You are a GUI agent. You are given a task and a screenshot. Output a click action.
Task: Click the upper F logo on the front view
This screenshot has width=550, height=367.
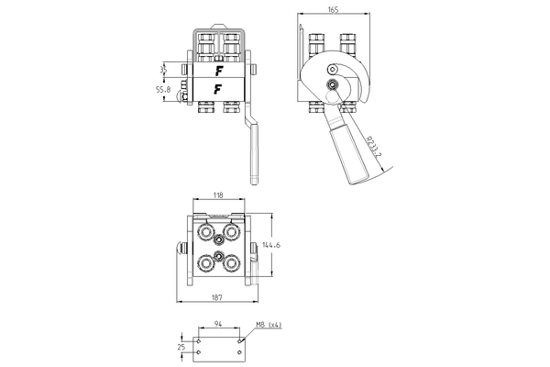click(219, 70)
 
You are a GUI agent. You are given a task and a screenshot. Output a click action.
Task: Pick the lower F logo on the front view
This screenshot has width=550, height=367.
click(219, 89)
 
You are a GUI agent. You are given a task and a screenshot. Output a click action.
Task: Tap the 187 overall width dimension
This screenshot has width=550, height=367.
click(219, 298)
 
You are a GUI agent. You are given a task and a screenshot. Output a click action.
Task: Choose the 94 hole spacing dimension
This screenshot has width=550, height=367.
click(219, 324)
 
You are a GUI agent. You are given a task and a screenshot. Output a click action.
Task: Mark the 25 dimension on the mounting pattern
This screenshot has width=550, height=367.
click(183, 347)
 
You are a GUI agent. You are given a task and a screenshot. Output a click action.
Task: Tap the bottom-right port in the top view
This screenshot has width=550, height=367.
click(232, 264)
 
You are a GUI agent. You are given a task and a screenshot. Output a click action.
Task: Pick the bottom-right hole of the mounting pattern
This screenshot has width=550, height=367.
click(239, 353)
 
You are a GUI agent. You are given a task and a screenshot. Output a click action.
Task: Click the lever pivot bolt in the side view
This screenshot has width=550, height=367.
click(330, 88)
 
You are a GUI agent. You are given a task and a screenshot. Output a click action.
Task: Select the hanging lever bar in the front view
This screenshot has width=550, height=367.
click(253, 147)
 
